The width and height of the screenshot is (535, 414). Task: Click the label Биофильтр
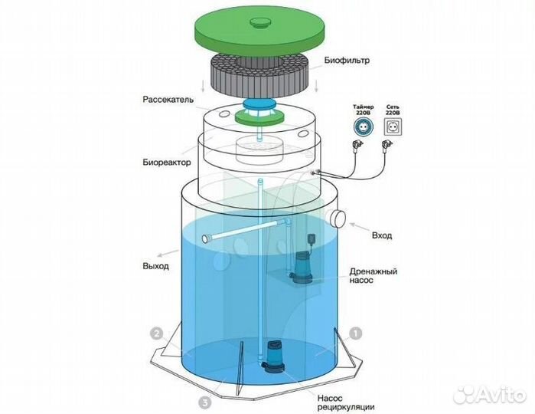point(347,61)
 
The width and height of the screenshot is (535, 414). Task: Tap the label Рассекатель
point(168,100)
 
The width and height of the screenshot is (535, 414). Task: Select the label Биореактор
point(167,162)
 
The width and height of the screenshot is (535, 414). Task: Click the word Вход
point(382,235)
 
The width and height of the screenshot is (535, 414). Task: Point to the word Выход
point(155,266)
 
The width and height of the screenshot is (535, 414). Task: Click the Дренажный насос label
point(374,275)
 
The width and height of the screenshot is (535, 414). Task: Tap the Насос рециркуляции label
point(346,402)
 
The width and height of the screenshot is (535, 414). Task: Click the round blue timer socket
point(363,127)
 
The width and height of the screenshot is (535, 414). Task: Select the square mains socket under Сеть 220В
point(393,127)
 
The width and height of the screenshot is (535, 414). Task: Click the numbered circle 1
point(356,333)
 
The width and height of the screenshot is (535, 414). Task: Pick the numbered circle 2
point(157,333)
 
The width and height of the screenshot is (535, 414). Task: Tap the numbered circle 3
point(204,402)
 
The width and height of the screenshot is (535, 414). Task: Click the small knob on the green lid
point(260,22)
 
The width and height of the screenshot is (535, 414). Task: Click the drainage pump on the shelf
point(301,267)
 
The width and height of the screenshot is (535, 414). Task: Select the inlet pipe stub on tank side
point(336,218)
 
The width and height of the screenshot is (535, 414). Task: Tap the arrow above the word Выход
point(168,253)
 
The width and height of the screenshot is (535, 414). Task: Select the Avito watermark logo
point(490,395)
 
